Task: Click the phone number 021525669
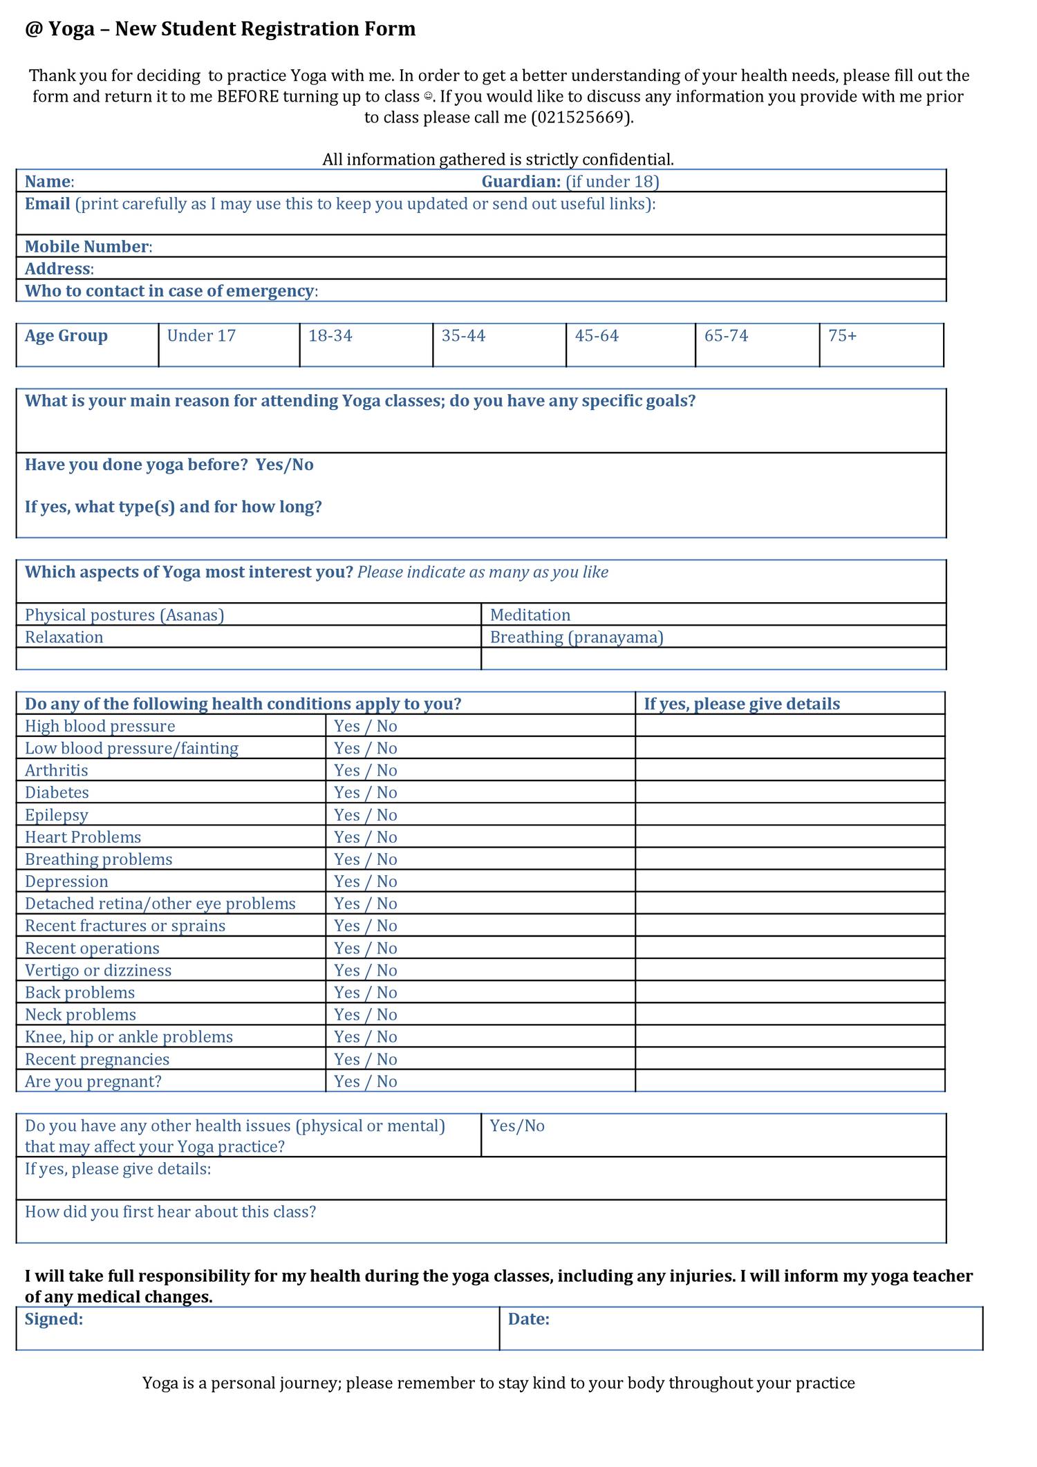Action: click(x=581, y=118)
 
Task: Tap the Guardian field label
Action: click(x=521, y=182)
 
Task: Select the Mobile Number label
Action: click(x=87, y=247)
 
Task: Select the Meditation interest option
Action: click(x=530, y=615)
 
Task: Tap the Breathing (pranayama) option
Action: click(x=577, y=637)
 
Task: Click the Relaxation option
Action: click(x=64, y=637)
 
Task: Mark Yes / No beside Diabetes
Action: click(x=366, y=793)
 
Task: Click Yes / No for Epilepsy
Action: click(x=366, y=815)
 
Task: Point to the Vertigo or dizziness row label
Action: click(x=98, y=971)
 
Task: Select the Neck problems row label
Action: click(x=80, y=1015)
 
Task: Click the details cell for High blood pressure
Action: click(x=790, y=726)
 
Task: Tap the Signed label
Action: click(x=54, y=1319)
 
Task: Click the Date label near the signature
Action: click(x=529, y=1319)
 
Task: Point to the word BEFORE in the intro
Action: click(x=247, y=97)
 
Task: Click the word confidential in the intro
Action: click(x=628, y=160)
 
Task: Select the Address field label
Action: click(x=58, y=269)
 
